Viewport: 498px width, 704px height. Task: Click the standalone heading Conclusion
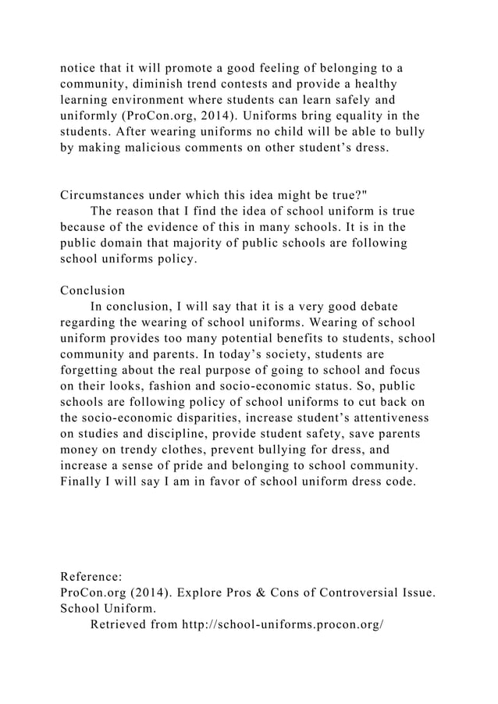click(92, 290)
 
